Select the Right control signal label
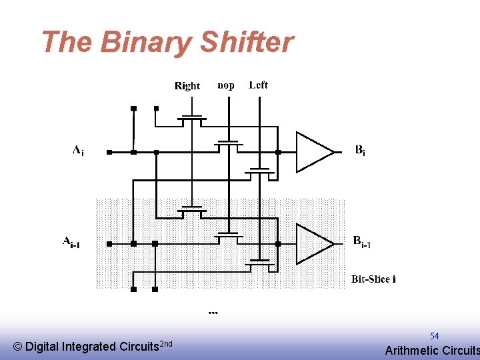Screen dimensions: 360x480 pos(187,85)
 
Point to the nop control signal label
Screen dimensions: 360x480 pos(226,85)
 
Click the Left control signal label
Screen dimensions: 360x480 pos(258,85)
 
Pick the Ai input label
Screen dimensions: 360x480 pos(78,151)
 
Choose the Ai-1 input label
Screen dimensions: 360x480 pos(71,242)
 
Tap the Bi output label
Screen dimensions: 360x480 pos(359,151)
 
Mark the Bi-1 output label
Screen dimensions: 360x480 pos(362,242)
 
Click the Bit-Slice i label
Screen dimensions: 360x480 pos(373,279)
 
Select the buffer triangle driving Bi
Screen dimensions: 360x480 pos(312,152)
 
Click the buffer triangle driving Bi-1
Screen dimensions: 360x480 pos(312,244)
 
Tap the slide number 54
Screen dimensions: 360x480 pos(434,336)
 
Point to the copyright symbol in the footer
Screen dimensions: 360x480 pos(17,347)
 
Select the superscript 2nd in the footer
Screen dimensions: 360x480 pos(167,343)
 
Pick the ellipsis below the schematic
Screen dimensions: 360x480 pos(213,312)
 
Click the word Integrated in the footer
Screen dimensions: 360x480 pos(88,347)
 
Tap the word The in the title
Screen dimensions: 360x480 pos(66,43)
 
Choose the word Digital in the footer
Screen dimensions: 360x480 pos(41,347)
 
